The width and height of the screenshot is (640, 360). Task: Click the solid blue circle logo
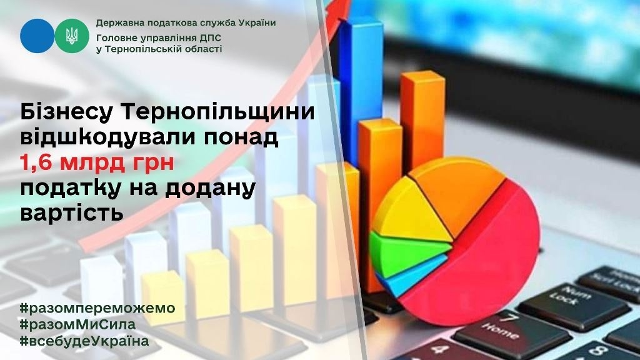37,36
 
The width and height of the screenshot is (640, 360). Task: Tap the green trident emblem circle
72,36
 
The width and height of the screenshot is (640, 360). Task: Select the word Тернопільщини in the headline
218,112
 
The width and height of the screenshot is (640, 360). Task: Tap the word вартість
72,213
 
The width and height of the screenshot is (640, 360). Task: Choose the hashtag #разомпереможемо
97,307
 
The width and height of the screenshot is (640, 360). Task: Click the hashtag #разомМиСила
77,324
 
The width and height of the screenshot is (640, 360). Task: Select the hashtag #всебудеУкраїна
84,341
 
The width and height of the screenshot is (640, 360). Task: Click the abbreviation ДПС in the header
208,38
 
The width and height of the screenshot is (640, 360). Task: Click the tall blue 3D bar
361,90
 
